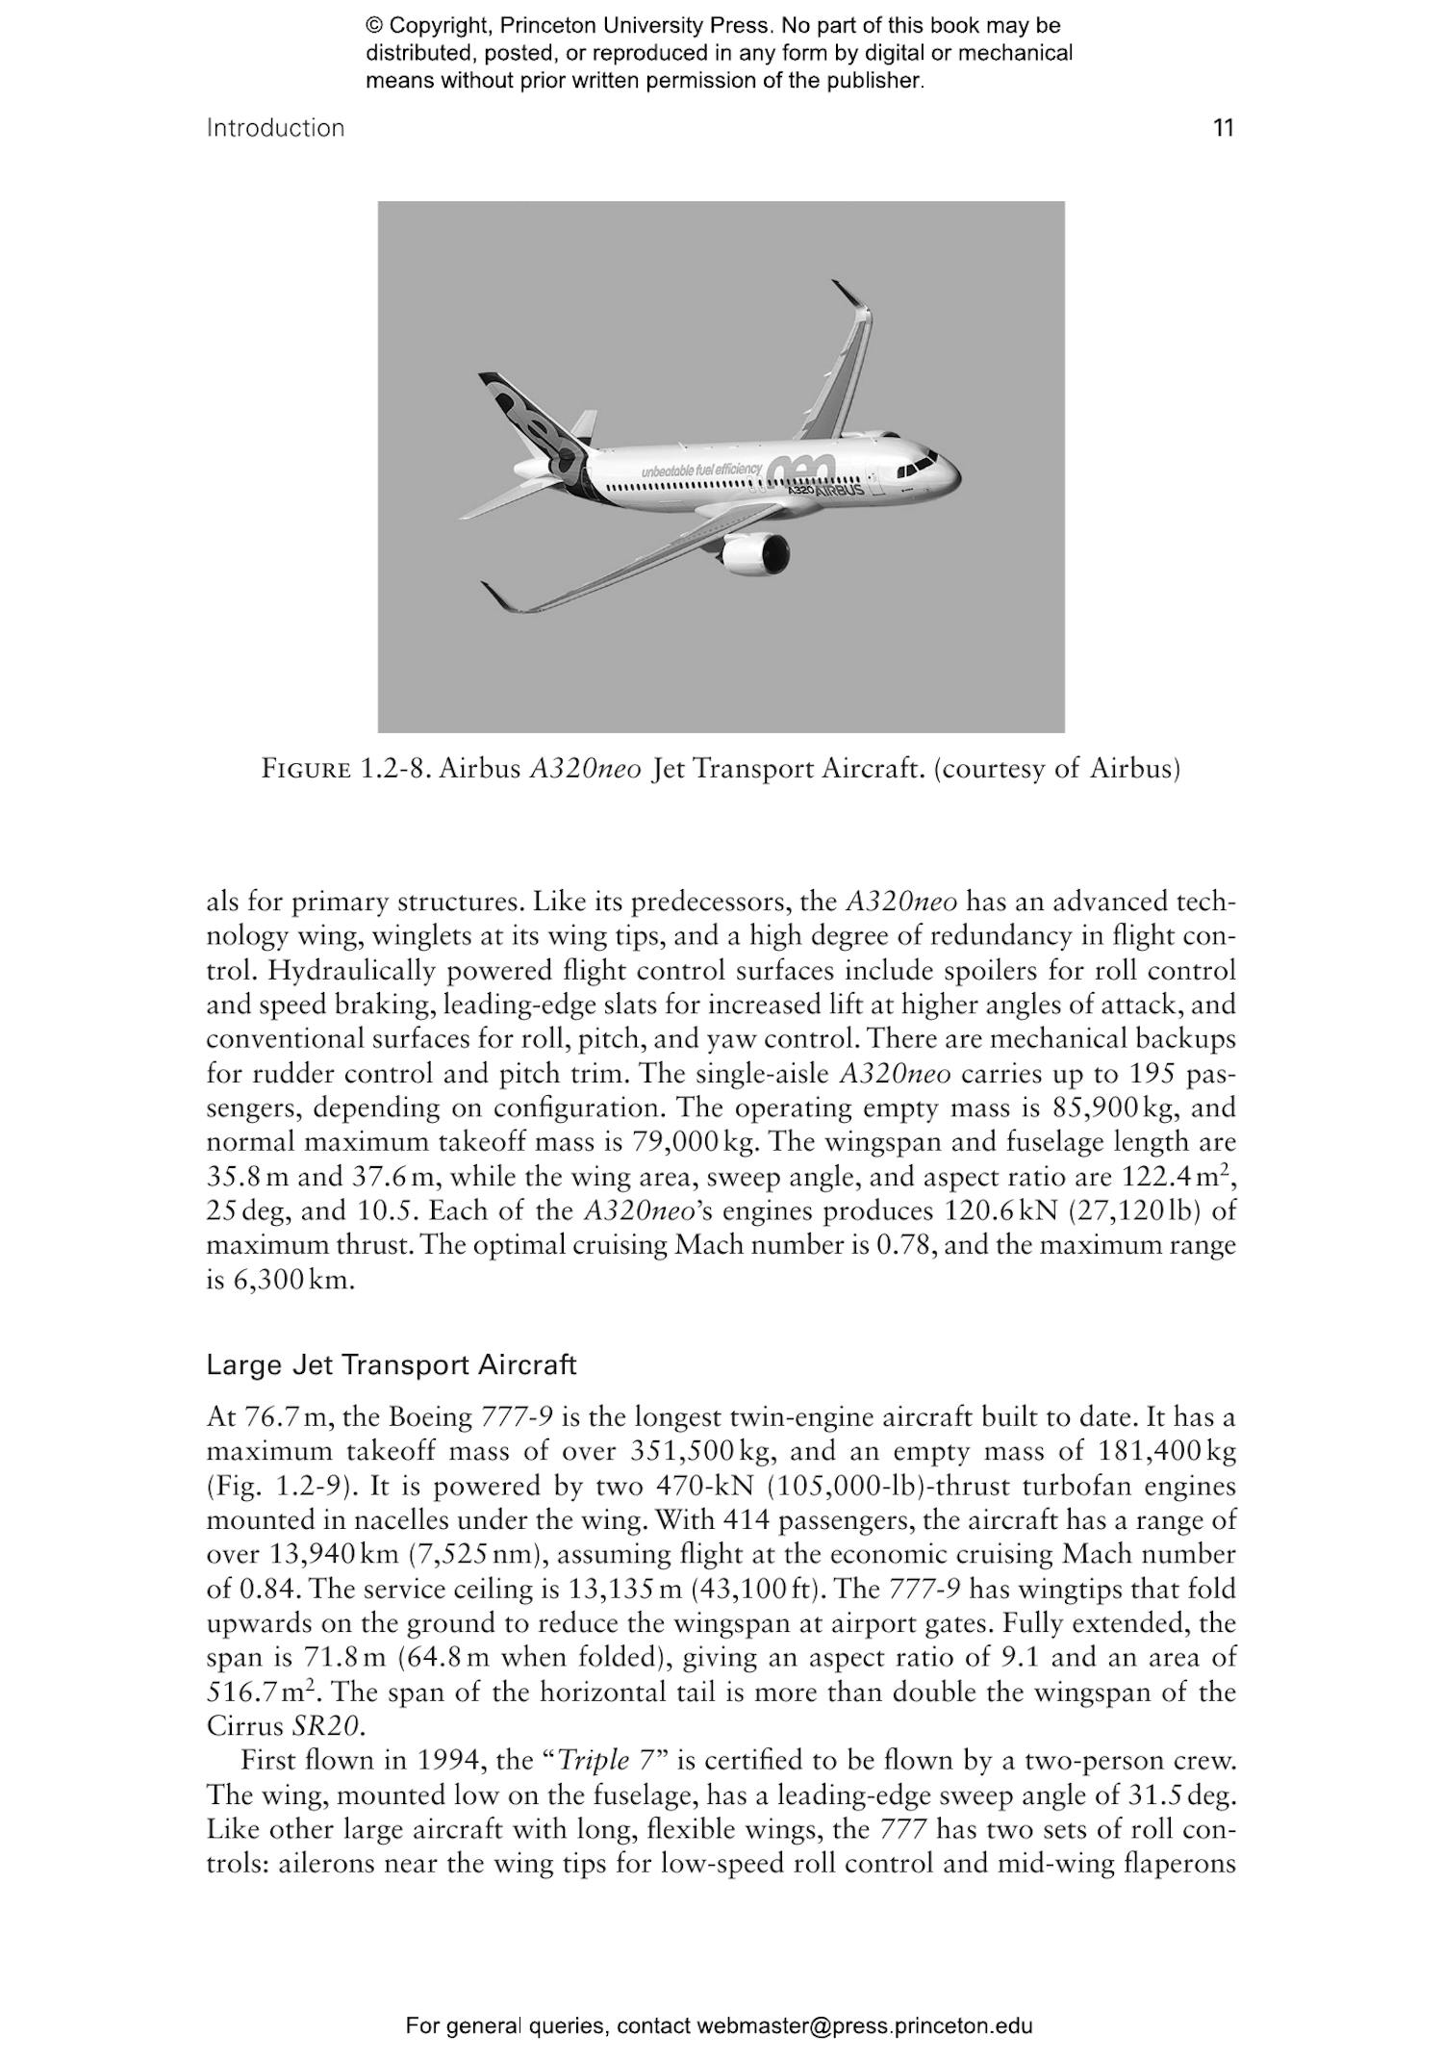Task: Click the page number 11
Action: pyautogui.click(x=1223, y=128)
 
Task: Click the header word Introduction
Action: pyautogui.click(x=275, y=128)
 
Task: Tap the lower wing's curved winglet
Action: pyautogui.click(x=498, y=598)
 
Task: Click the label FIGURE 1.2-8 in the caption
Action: pyautogui.click(x=345, y=770)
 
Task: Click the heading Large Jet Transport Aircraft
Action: pyautogui.click(x=392, y=1365)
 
